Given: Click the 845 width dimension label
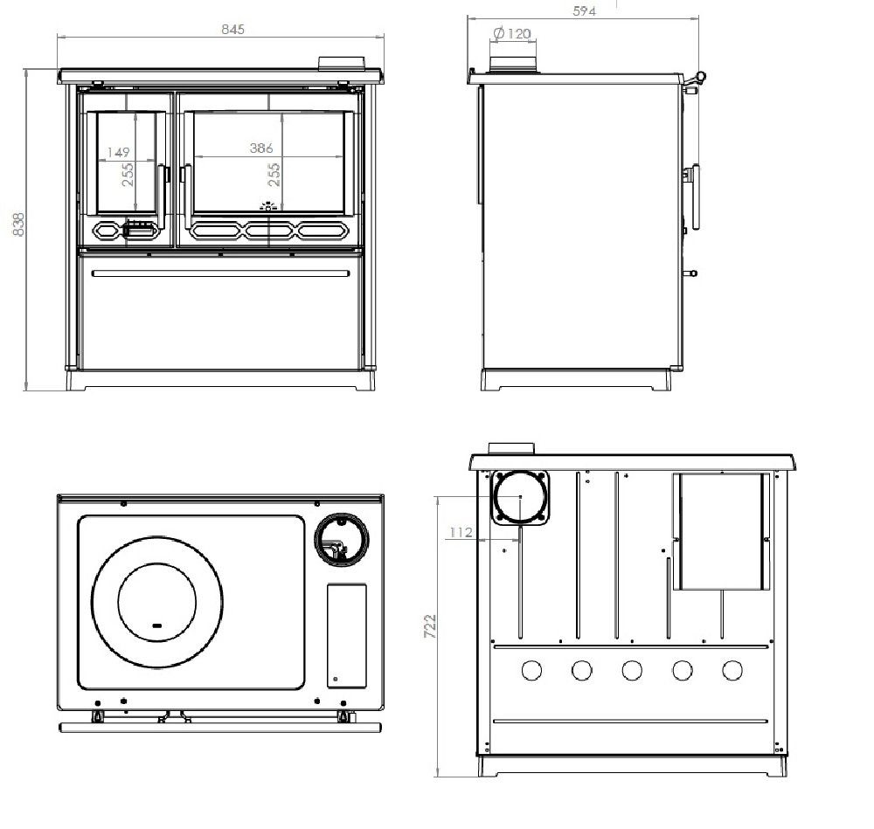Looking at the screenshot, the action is point(232,29).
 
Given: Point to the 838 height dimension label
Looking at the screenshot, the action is point(18,224).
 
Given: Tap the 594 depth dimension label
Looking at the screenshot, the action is point(584,10).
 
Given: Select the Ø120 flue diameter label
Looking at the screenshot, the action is point(512,33).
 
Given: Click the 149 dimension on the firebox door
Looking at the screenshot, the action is point(118,152).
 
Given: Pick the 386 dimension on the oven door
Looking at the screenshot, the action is point(261,148).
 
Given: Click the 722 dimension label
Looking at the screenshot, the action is point(430,625).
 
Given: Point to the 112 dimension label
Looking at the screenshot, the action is point(461,533).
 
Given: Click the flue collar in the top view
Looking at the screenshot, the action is point(341,539).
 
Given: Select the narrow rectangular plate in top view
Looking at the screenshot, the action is point(347,636).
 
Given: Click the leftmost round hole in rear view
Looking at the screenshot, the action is point(531,670).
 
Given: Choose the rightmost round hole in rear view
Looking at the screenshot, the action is point(732,670).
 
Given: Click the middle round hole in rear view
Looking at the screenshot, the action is point(632,670).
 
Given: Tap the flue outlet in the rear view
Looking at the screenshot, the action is point(520,497).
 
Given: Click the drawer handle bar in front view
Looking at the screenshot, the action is point(221,273).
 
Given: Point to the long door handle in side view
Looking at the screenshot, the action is point(696,197).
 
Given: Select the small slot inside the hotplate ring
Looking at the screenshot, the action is point(157,625).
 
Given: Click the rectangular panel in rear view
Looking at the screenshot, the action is point(721,531).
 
